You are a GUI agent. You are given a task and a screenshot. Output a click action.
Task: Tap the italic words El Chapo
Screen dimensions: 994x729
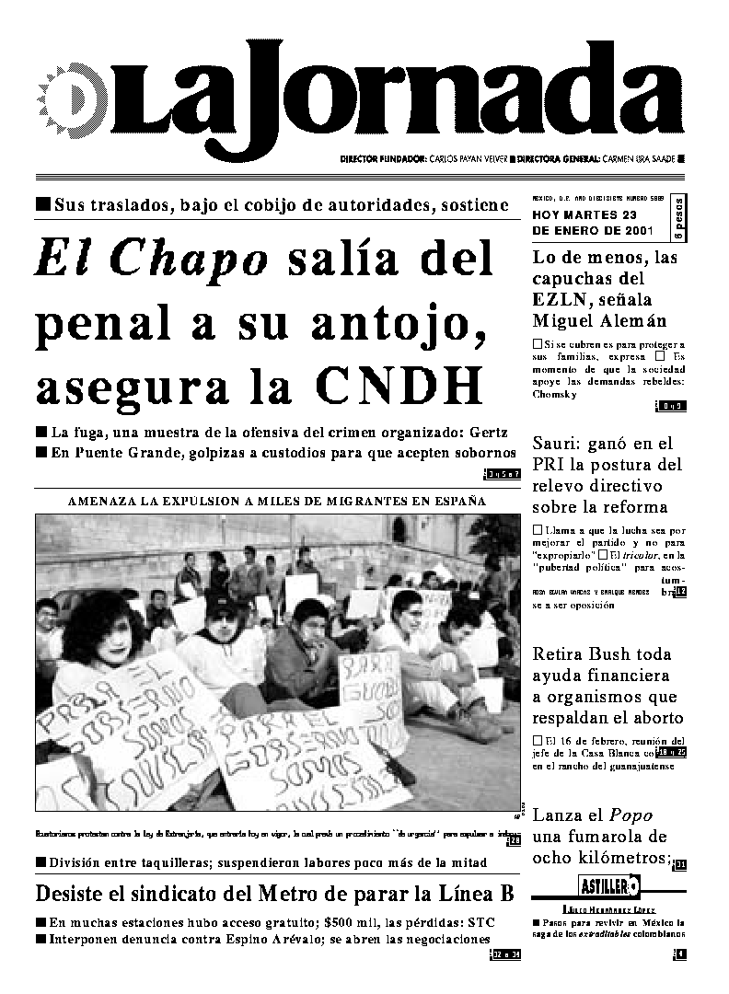(152, 260)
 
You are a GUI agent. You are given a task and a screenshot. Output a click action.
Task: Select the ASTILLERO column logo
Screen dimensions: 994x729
(609, 886)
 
